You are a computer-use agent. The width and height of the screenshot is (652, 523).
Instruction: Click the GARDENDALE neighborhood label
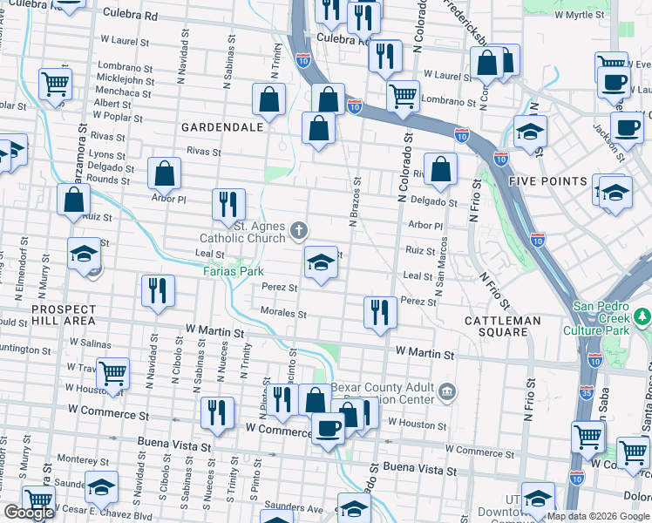pyautogui.click(x=221, y=127)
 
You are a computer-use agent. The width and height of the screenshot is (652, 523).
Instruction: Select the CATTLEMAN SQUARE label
pyautogui.click(x=503, y=321)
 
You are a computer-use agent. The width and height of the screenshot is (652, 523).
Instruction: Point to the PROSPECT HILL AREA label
pyautogui.click(x=64, y=315)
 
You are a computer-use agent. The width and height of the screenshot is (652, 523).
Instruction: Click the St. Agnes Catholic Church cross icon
pyautogui.click(x=299, y=231)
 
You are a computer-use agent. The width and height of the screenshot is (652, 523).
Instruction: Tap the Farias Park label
pyautogui.click(x=234, y=271)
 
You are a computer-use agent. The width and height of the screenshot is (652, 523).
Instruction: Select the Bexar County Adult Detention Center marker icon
pyautogui.click(x=448, y=390)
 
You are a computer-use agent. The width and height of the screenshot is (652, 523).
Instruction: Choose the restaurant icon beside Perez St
pyautogui.click(x=379, y=311)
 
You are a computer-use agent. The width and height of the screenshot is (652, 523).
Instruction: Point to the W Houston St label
pyautogui.click(x=418, y=425)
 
